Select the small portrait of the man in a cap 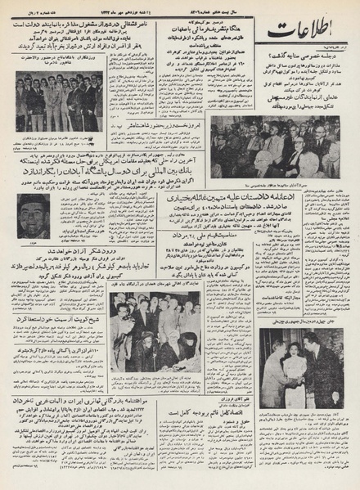pos(34,214)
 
